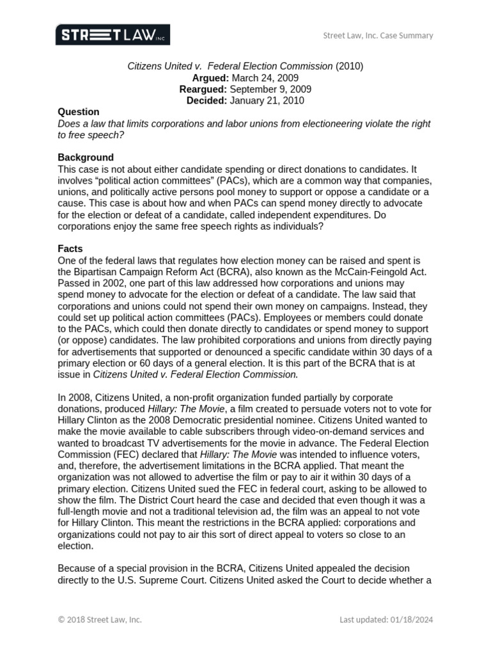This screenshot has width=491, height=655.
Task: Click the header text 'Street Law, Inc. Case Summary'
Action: click(377, 35)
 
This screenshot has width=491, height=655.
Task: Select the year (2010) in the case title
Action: click(349, 66)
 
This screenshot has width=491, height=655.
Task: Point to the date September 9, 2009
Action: click(270, 89)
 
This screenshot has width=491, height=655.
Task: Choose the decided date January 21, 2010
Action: click(267, 100)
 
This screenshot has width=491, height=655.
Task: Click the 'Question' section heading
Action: click(79, 112)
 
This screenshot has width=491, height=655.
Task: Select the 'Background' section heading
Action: click(86, 157)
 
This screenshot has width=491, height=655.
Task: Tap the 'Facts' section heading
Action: click(70, 249)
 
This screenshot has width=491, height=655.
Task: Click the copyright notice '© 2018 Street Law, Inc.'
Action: click(100, 619)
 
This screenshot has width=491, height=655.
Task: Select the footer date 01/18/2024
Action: click(411, 619)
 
